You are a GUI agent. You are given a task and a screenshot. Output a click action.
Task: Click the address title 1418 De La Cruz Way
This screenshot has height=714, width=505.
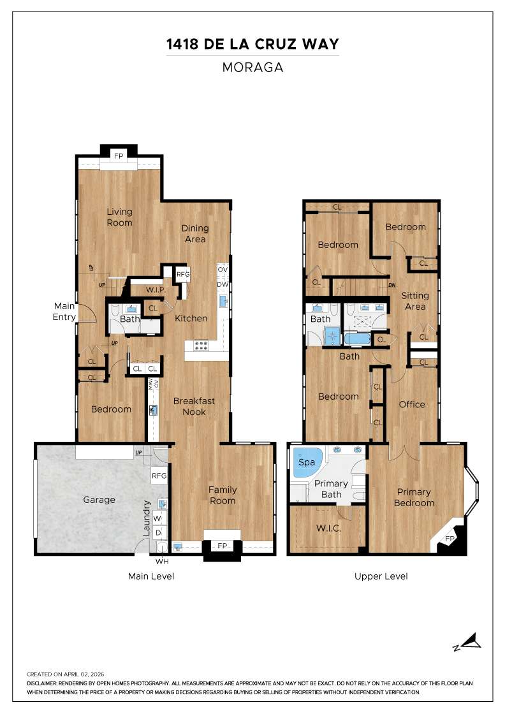click(252, 44)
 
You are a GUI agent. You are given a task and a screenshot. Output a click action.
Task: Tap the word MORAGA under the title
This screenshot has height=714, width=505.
click(252, 67)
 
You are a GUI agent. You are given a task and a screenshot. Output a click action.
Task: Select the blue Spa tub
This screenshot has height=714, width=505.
click(307, 462)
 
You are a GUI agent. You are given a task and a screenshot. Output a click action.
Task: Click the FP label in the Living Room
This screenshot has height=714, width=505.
click(119, 156)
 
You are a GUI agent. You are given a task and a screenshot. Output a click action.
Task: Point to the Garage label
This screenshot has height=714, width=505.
click(99, 500)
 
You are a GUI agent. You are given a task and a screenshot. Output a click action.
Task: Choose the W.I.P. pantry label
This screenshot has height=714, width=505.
click(156, 291)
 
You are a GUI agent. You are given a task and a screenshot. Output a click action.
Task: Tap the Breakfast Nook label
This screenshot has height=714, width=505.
click(194, 406)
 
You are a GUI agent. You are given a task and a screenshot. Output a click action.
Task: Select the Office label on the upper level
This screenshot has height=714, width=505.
click(412, 404)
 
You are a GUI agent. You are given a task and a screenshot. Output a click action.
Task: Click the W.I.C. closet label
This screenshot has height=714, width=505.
click(329, 528)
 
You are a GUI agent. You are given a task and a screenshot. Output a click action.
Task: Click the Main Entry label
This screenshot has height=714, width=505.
click(64, 312)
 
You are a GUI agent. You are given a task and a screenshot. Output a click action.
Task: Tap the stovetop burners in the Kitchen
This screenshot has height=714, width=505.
click(201, 346)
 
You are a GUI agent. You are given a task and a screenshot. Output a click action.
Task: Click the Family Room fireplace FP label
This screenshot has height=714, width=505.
click(222, 546)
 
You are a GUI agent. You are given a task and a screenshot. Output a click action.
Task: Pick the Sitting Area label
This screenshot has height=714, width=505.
click(415, 301)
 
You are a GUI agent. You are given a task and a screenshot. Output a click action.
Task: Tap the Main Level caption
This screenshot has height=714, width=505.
click(151, 576)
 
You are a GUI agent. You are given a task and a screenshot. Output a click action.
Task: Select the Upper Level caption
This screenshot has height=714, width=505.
click(381, 576)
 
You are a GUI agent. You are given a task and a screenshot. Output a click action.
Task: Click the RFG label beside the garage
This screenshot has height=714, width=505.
click(159, 476)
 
